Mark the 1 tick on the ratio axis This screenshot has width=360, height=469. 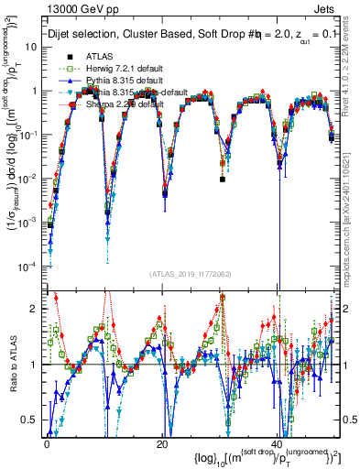(37, 365)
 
